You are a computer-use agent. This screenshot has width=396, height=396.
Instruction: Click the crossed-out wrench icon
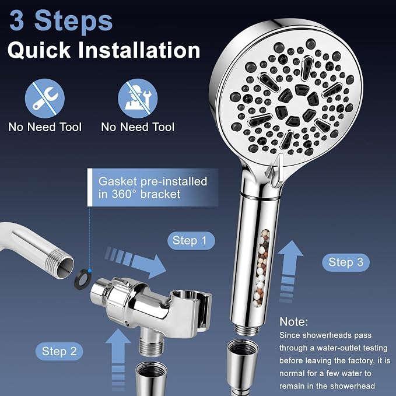[45, 99]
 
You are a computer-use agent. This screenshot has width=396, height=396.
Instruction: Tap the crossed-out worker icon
[138, 99]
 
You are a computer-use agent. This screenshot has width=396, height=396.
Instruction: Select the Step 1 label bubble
[191, 240]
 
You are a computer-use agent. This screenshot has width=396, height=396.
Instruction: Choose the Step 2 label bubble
[59, 351]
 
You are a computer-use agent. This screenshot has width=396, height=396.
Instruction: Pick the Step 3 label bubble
[345, 262]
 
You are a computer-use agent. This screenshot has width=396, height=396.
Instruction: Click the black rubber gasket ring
[83, 279]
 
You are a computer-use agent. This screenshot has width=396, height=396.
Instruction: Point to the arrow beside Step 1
[135, 262]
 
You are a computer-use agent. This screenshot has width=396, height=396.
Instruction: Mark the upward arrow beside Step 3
[290, 271]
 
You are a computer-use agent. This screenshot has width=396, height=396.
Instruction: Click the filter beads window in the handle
[262, 268]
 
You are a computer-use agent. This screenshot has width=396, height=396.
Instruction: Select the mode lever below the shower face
[276, 171]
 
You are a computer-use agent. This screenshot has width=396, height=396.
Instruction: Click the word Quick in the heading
[39, 50]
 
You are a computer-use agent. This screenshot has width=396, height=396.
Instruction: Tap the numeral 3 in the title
[17, 21]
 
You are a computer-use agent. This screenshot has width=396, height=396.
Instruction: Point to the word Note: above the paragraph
[294, 322]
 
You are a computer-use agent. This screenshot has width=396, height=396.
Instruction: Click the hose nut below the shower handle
[243, 364]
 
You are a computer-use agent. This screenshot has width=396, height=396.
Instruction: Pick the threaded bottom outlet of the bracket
[152, 343]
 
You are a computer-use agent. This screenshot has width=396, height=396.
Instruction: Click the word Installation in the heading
[139, 50]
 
